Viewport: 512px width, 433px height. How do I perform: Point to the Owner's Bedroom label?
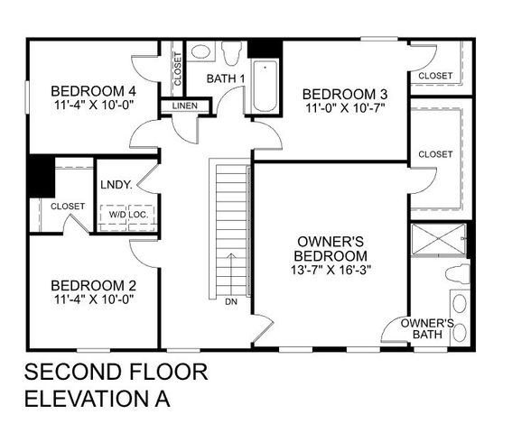coord(330,248)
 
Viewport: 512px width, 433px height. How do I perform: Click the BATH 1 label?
coord(226,79)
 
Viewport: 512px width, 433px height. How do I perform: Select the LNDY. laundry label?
coord(117,185)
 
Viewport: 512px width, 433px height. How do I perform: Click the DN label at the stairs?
coord(231,301)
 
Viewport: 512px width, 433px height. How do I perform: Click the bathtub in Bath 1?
coord(265,86)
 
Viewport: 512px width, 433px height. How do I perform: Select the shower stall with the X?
coord(436,239)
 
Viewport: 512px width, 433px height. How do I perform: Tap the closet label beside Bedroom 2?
coord(68,207)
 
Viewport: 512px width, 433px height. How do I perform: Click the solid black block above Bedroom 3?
coord(265,48)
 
